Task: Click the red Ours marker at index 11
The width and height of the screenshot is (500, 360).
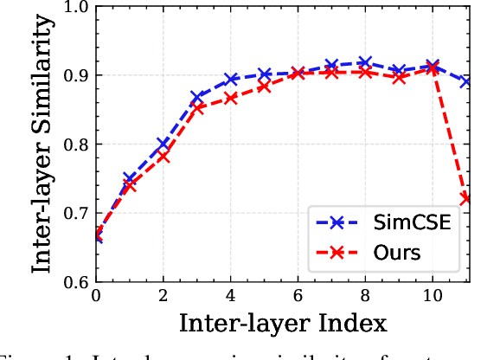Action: [x=465, y=198]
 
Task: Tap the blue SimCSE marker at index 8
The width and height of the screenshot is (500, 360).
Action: [x=365, y=62]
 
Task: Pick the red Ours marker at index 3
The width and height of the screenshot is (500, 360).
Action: [x=197, y=108]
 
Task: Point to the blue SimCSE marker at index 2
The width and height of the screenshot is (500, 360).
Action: [x=163, y=144]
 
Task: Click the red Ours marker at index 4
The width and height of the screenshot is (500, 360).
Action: [x=231, y=98]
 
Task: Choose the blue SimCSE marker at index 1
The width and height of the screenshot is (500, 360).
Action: [x=130, y=178]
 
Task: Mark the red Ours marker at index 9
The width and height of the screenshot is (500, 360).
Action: [x=399, y=77]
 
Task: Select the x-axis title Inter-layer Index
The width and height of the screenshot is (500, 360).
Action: [x=282, y=325]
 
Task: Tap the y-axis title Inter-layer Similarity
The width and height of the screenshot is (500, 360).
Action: [x=41, y=145]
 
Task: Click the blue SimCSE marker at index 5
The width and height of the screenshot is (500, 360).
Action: [x=265, y=74]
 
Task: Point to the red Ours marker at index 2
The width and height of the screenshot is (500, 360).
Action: [x=163, y=156]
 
